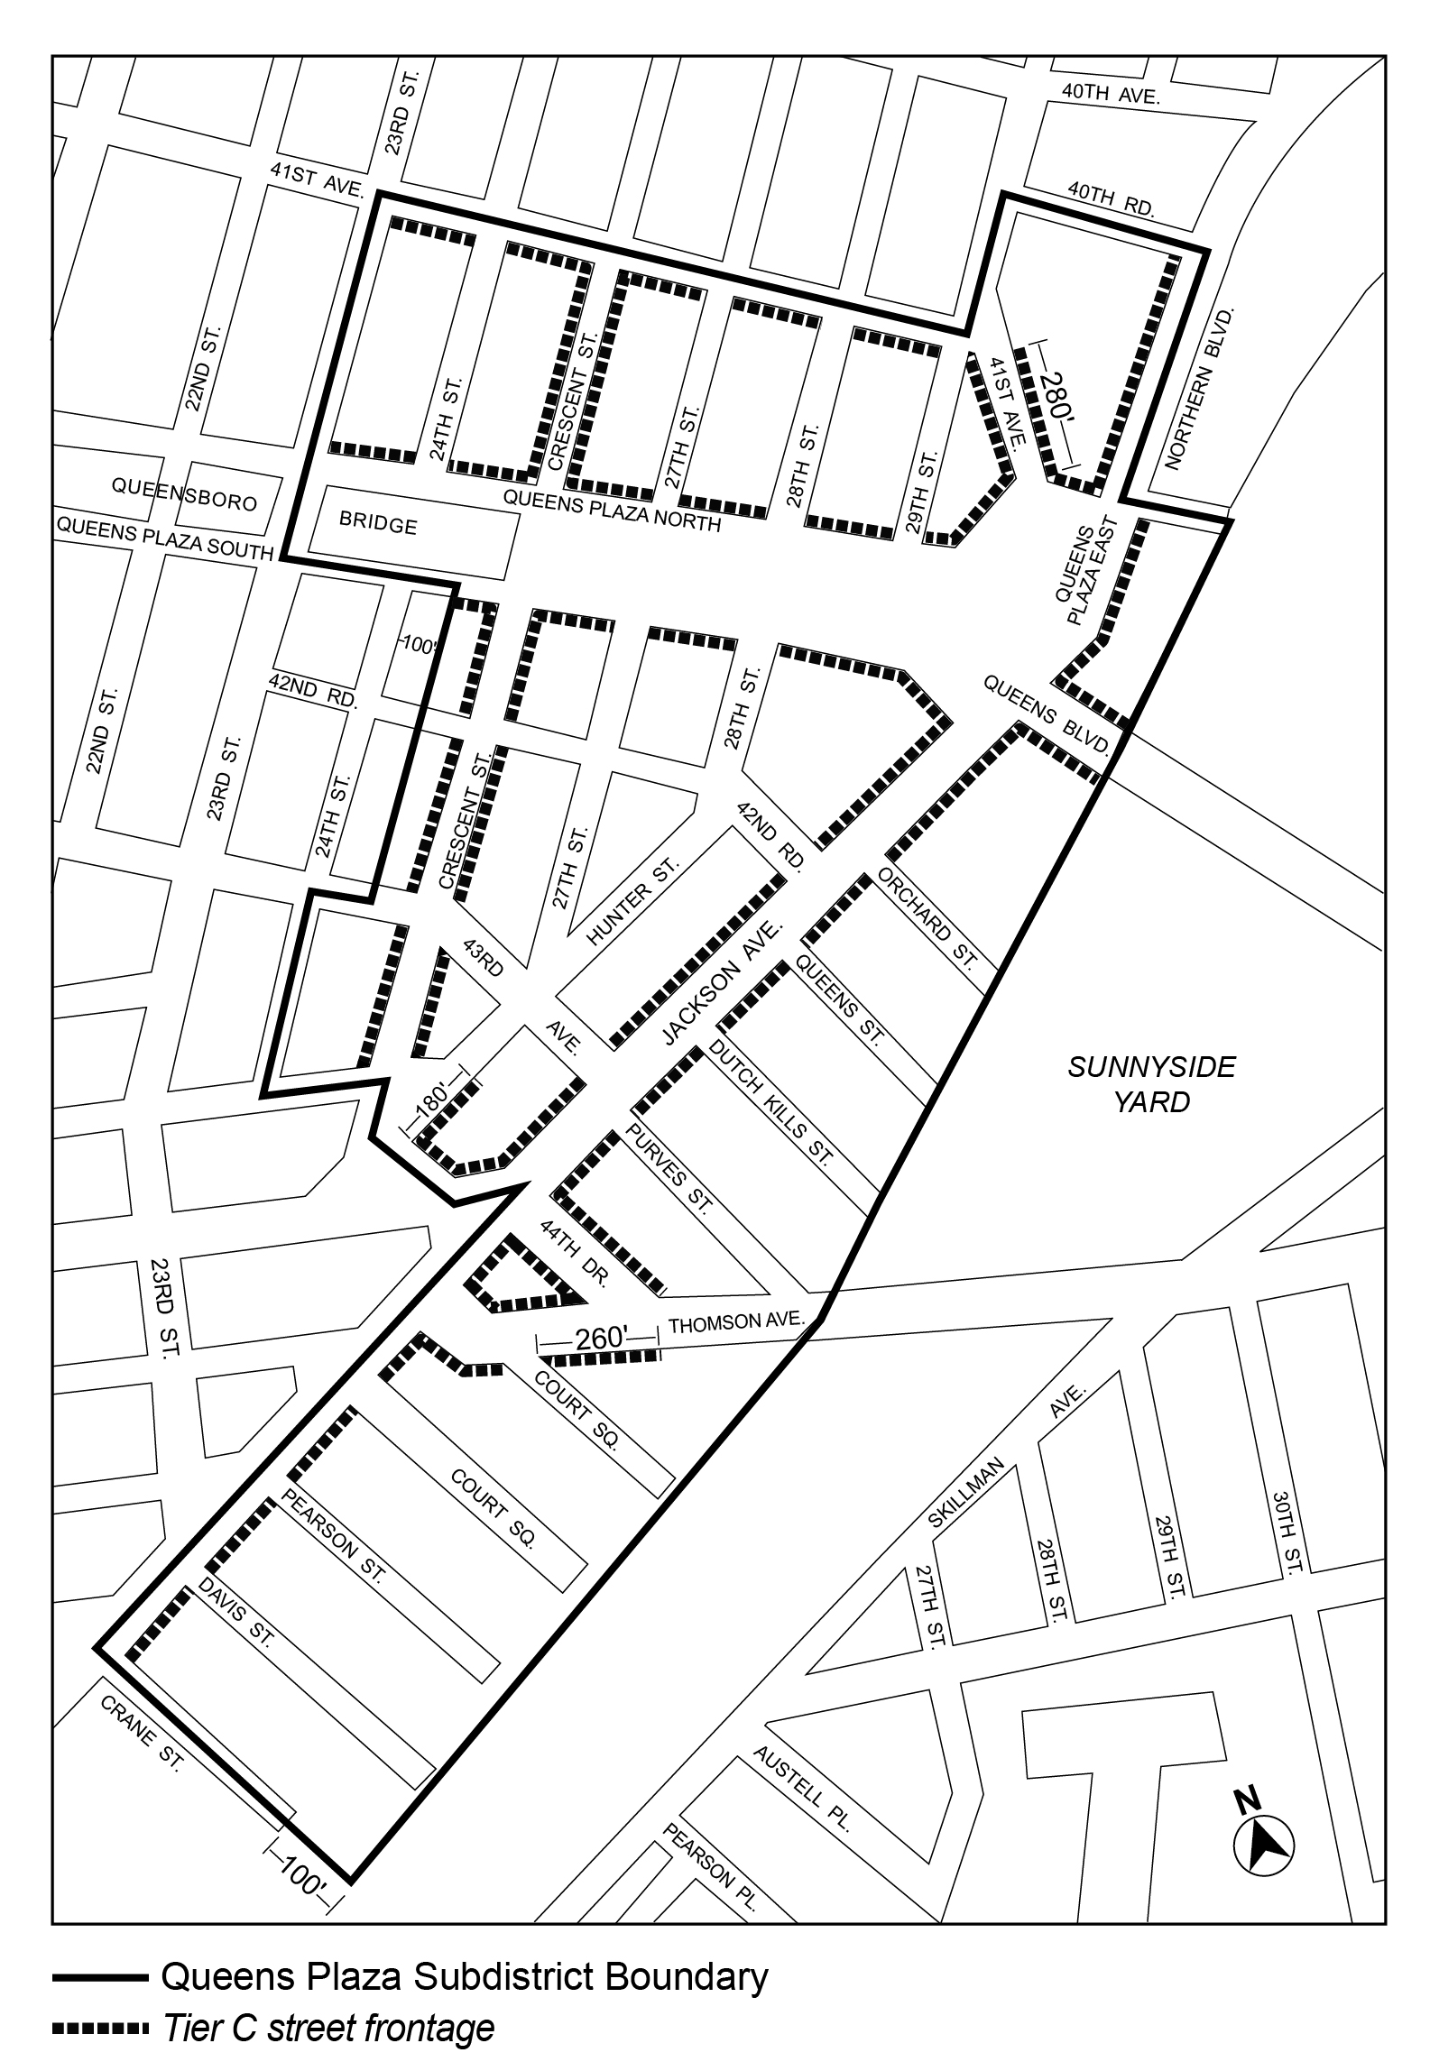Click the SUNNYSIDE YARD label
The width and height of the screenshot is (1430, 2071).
(1151, 1084)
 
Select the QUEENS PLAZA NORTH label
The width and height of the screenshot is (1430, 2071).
(612, 511)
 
